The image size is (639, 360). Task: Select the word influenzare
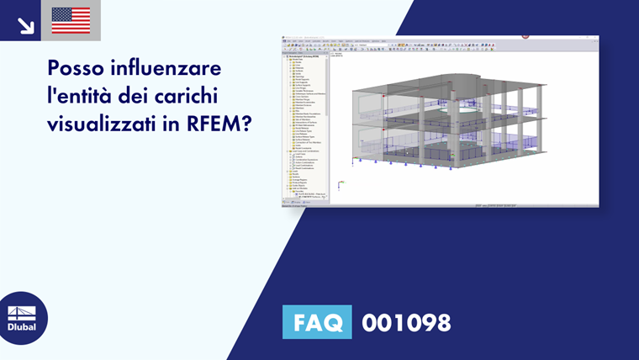(173, 66)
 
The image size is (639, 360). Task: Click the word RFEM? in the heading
(221, 124)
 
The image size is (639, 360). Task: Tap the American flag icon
(71, 20)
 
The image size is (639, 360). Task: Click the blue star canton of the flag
(61, 14)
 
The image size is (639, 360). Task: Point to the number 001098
(406, 322)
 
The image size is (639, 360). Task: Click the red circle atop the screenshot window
(525, 36)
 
